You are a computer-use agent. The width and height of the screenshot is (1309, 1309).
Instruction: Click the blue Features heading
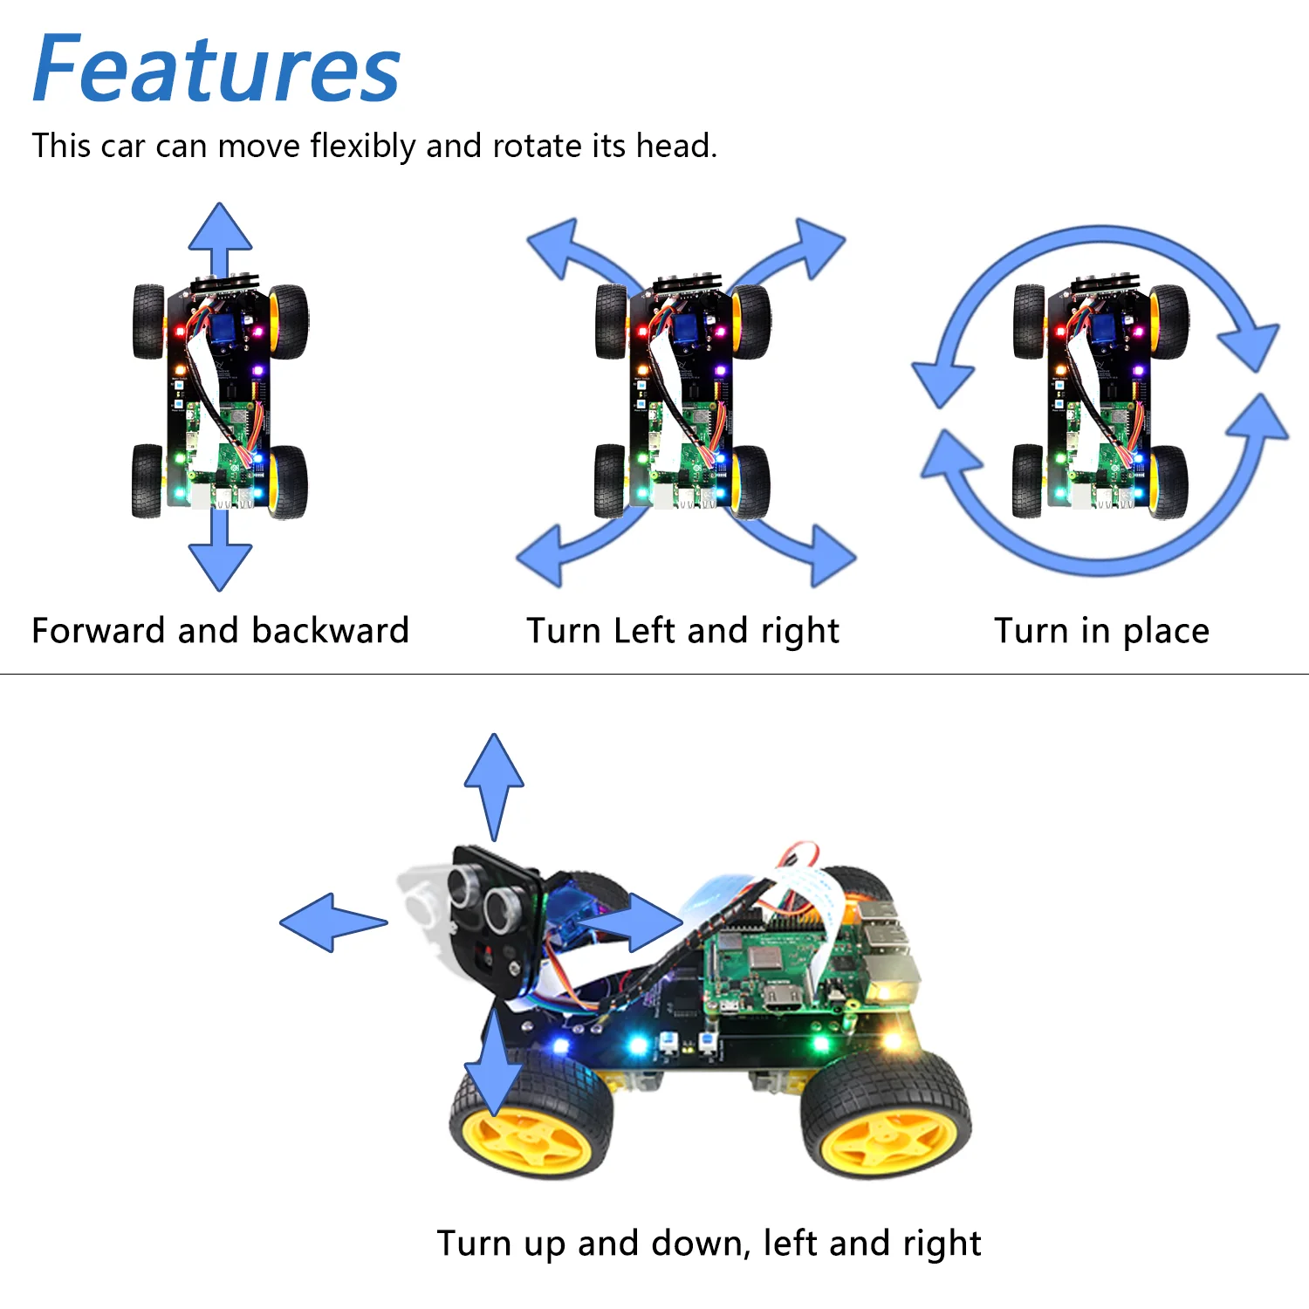click(x=216, y=70)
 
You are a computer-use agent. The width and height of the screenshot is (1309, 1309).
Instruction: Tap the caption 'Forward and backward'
click(x=220, y=630)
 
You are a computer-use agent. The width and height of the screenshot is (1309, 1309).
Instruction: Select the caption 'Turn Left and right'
click(x=682, y=630)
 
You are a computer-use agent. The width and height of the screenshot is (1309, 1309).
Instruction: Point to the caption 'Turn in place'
click(x=1101, y=630)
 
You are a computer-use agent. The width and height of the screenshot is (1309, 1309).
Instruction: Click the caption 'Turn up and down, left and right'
click(x=709, y=1243)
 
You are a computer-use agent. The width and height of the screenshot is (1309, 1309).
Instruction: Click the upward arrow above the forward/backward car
click(x=220, y=231)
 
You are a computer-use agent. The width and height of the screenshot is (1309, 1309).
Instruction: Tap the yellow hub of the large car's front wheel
click(x=528, y=1139)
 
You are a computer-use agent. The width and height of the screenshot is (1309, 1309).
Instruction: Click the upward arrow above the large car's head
click(x=494, y=777)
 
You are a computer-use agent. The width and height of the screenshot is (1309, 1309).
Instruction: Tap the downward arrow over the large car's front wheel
click(x=494, y=1069)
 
